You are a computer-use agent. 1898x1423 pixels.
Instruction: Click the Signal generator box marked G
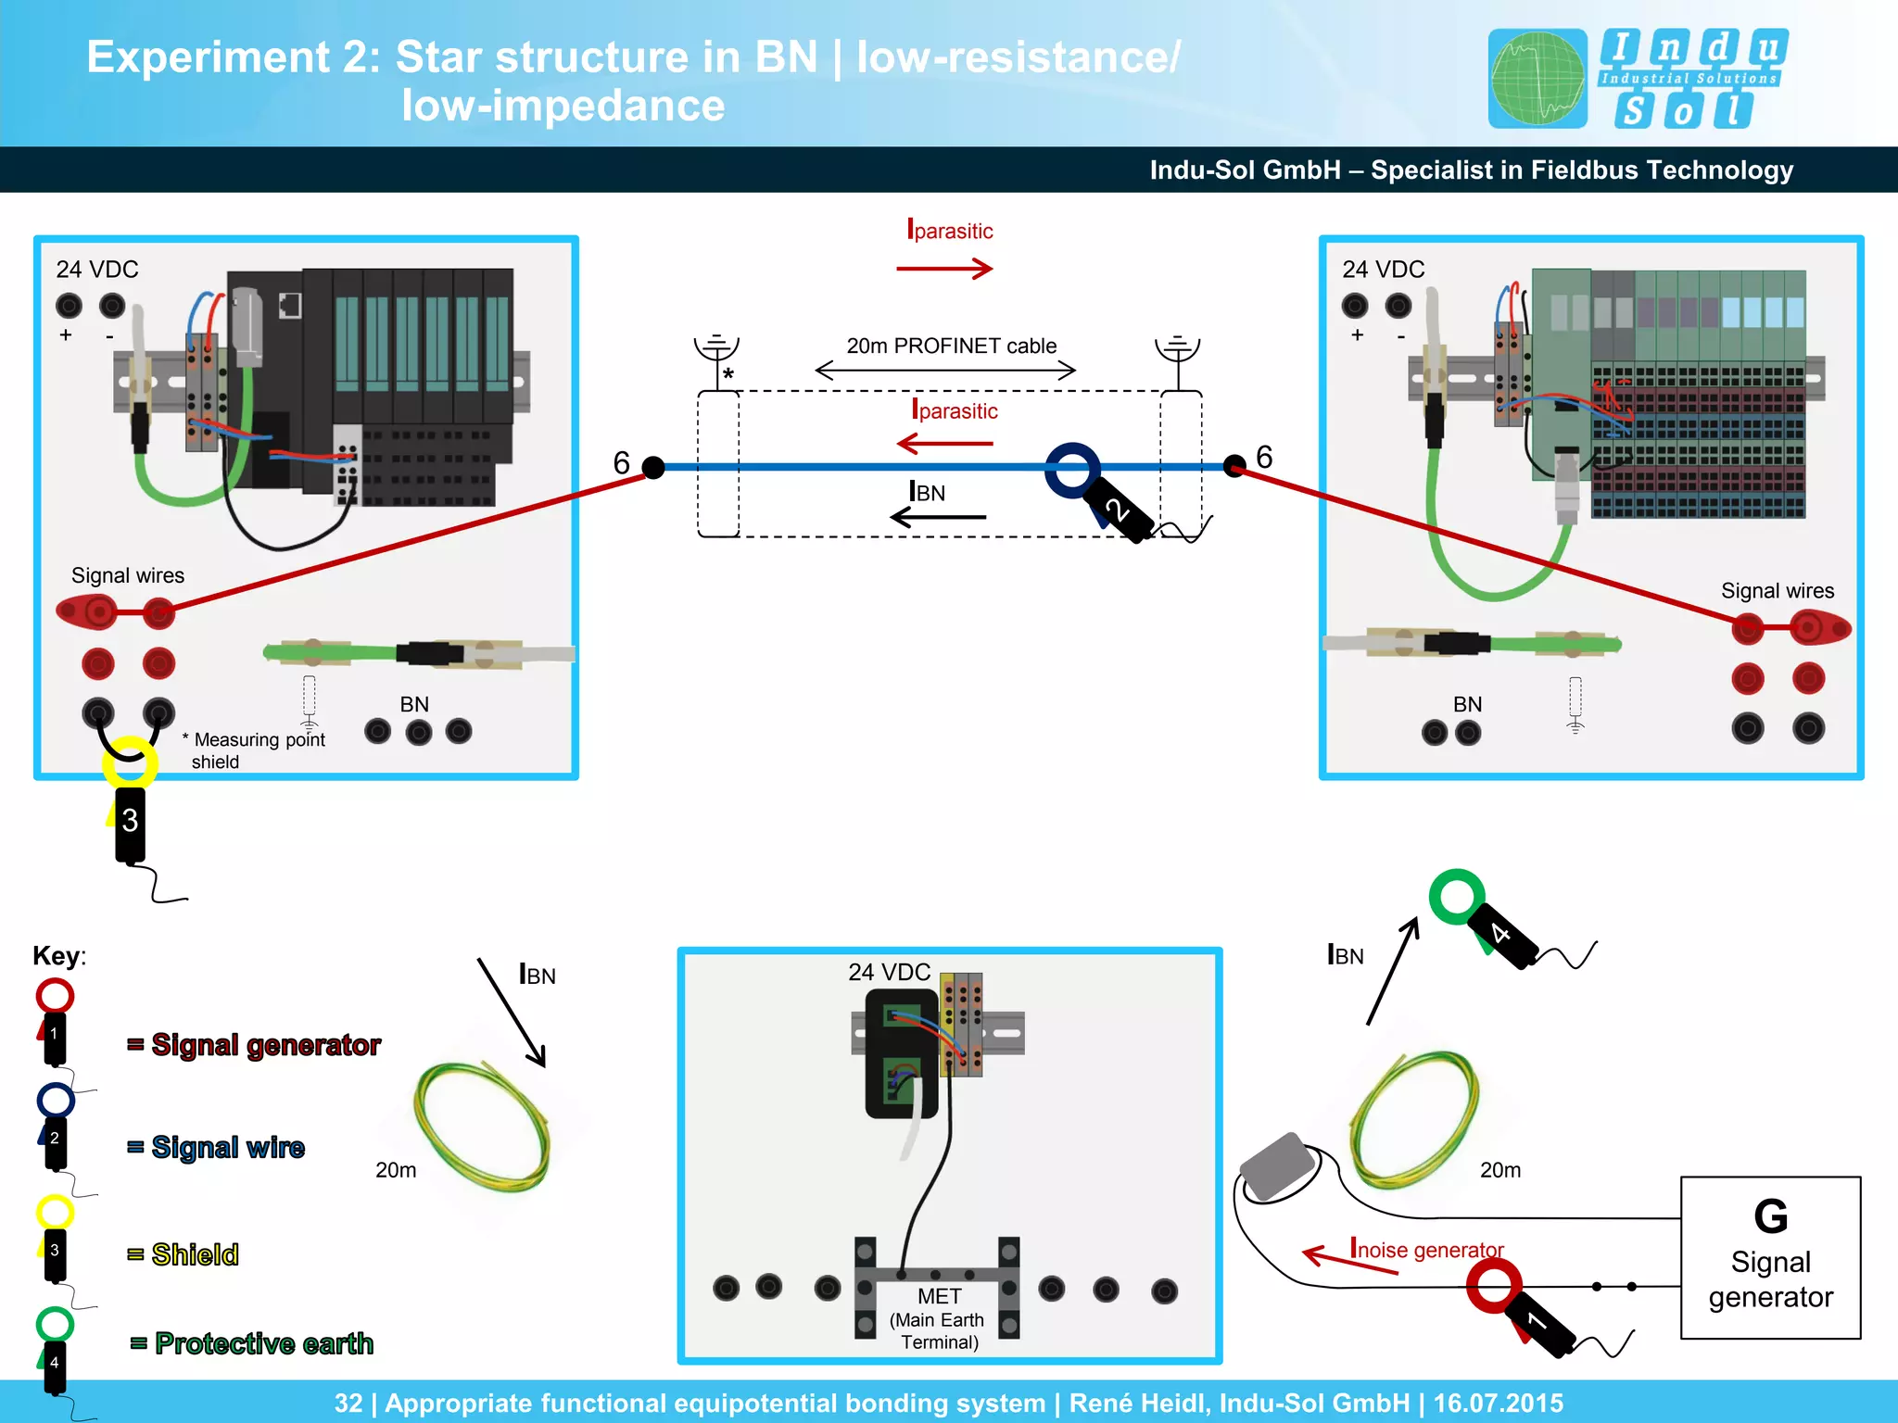(1769, 1257)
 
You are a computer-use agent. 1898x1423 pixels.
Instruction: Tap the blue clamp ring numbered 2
(1072, 469)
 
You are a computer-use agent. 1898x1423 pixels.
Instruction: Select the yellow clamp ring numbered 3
(129, 762)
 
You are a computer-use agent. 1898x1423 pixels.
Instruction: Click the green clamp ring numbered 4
(1457, 896)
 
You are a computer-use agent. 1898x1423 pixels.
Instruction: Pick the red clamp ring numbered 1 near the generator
(1493, 1285)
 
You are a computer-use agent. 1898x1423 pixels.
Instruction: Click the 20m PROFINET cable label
(951, 346)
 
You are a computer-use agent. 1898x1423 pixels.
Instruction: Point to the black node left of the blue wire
(653, 467)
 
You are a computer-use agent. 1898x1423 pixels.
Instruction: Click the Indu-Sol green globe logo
(1537, 79)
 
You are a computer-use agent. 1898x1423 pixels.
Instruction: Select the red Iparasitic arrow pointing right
(944, 269)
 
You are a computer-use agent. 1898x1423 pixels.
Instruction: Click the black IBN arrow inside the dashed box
(938, 517)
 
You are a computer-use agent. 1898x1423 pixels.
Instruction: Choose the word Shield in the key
(195, 1254)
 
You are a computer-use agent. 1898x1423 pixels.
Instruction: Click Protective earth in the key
(264, 1343)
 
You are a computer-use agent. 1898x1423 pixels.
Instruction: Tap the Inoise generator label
(1426, 1249)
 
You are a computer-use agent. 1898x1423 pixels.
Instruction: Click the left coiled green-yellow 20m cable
(482, 1127)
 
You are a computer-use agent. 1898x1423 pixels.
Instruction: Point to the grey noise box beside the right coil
(1279, 1165)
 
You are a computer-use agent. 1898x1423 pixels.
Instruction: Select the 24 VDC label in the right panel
(1383, 270)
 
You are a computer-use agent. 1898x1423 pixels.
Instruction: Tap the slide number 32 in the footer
(348, 1403)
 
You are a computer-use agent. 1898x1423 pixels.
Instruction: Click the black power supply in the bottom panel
(901, 1053)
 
